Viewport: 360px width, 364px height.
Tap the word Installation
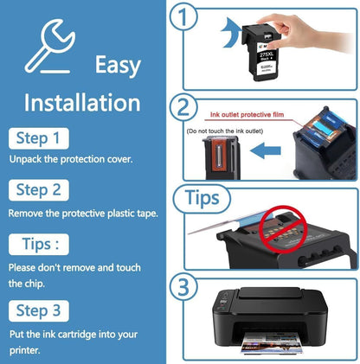coord(81,104)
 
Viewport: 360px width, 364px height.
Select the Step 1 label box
coord(36,137)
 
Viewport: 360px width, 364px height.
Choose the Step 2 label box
coord(37,189)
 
